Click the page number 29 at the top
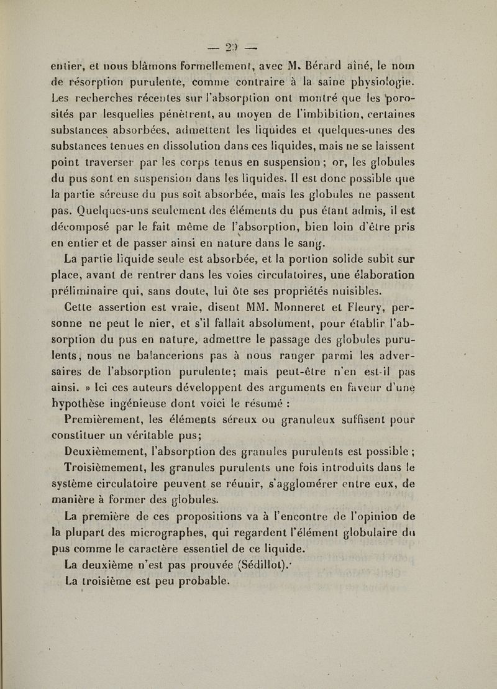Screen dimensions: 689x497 (247, 48)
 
